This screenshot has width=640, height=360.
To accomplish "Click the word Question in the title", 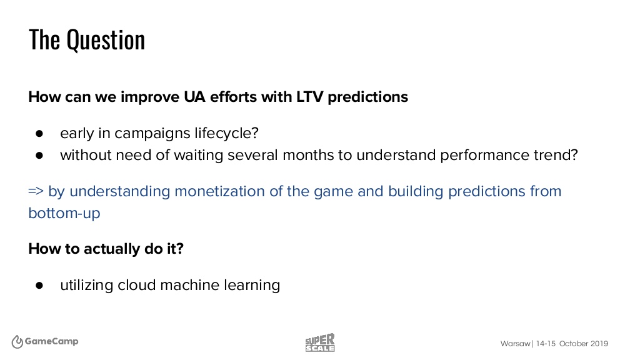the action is click(106, 41).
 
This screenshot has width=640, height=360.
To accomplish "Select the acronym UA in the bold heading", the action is click(194, 97).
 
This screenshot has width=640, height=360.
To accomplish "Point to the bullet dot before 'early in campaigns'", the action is click(39, 134).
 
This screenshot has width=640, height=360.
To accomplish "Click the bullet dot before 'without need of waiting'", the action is click(39, 156).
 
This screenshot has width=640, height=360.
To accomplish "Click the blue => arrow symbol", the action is click(36, 191).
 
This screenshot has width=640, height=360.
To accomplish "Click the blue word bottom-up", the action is click(64, 214).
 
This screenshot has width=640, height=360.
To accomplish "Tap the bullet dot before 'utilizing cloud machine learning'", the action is click(39, 285).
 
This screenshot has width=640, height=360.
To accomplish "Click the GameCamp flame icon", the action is click(17, 342).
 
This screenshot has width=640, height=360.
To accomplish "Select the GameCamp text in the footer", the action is click(51, 342).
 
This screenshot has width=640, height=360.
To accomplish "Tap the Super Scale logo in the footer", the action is click(320, 342).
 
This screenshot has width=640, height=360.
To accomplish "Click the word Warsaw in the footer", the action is click(516, 344).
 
